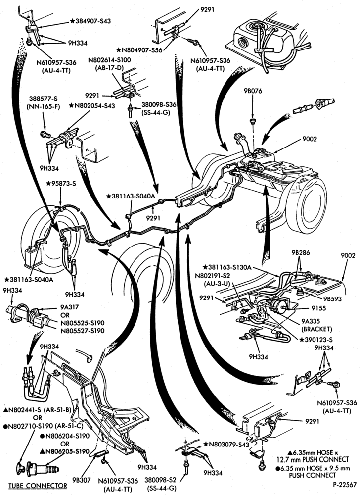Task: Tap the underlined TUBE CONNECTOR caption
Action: (x=38, y=485)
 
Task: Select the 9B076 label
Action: (x=253, y=91)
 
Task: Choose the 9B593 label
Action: (x=330, y=298)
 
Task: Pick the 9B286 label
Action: (x=301, y=253)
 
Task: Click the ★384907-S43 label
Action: (x=90, y=21)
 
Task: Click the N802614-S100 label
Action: (x=109, y=60)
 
